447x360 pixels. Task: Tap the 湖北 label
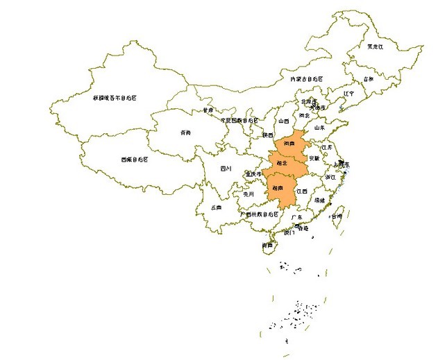click(x=282, y=164)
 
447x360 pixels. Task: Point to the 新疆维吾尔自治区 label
click(x=115, y=98)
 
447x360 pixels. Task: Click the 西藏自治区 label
click(x=134, y=159)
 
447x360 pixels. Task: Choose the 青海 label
click(x=185, y=132)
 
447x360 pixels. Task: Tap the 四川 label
click(x=226, y=169)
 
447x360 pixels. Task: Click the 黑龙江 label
click(x=375, y=46)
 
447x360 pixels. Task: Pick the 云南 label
click(x=217, y=207)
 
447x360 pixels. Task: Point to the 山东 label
click(x=319, y=128)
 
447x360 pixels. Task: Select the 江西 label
click(x=301, y=191)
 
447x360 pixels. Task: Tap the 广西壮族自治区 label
click(x=258, y=214)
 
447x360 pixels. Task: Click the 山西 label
click(x=283, y=121)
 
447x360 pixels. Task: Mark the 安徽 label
click(x=314, y=159)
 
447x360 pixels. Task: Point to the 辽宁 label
click(x=349, y=93)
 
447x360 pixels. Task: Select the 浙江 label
click(x=330, y=178)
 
